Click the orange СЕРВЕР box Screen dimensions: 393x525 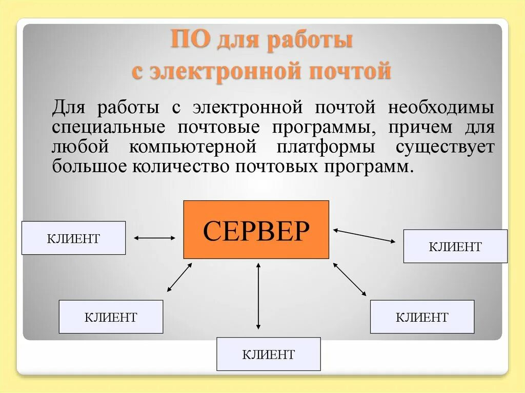tap(256, 230)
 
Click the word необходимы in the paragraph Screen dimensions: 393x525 tap(441, 108)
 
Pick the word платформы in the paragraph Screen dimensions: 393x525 tap(326, 147)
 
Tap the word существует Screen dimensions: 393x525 tap(445, 147)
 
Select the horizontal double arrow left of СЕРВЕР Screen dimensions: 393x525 tap(154, 238)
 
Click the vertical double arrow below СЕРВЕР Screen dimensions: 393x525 tap(258, 296)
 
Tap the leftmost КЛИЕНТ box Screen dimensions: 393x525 tap(73, 238)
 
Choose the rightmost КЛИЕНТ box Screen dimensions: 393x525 tap(455, 246)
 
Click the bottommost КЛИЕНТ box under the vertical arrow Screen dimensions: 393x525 tap(268, 354)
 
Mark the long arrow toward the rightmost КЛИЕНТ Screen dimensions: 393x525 tap(364, 235)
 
